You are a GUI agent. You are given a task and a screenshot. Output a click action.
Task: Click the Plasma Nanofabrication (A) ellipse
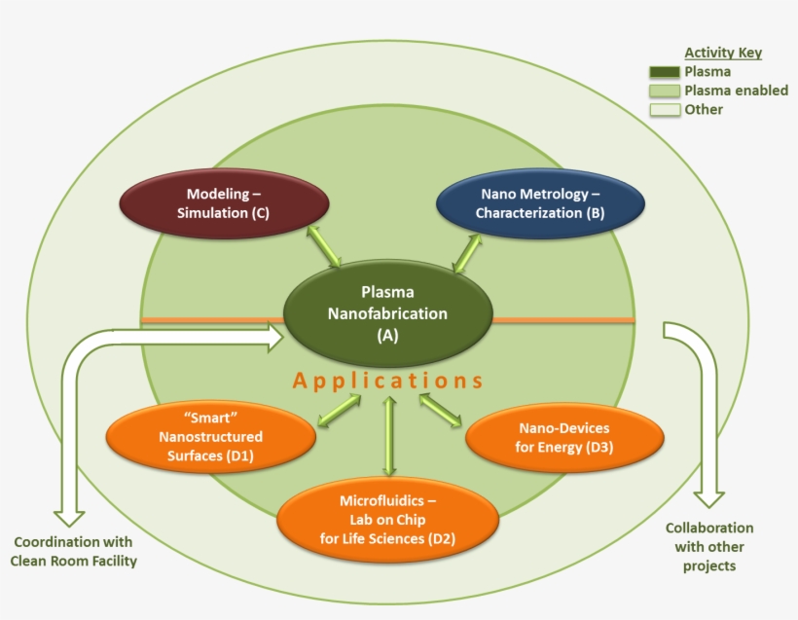pyautogui.click(x=390, y=313)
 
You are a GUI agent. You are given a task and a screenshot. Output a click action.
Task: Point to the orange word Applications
pyautogui.click(x=388, y=381)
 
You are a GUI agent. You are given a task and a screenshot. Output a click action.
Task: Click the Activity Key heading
pyautogui.click(x=723, y=53)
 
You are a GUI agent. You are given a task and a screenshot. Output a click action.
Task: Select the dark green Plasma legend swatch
pyautogui.click(x=664, y=72)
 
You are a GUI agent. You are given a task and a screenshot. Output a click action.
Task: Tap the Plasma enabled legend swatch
pyautogui.click(x=664, y=91)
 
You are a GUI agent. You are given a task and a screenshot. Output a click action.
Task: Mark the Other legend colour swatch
pyautogui.click(x=664, y=110)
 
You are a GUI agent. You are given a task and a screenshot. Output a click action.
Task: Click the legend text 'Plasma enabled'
pyautogui.click(x=736, y=91)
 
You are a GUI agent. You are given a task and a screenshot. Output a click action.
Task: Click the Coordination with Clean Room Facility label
pyautogui.click(x=73, y=551)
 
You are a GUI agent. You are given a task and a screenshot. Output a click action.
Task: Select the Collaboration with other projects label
pyautogui.click(x=709, y=546)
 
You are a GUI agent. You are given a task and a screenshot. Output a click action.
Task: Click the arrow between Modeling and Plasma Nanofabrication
pyautogui.click(x=324, y=246)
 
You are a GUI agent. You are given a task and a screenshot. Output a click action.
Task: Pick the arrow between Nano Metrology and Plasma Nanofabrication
pyautogui.click(x=466, y=251)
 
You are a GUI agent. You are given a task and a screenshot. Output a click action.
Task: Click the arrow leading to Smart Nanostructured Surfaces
pyautogui.click(x=340, y=410)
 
